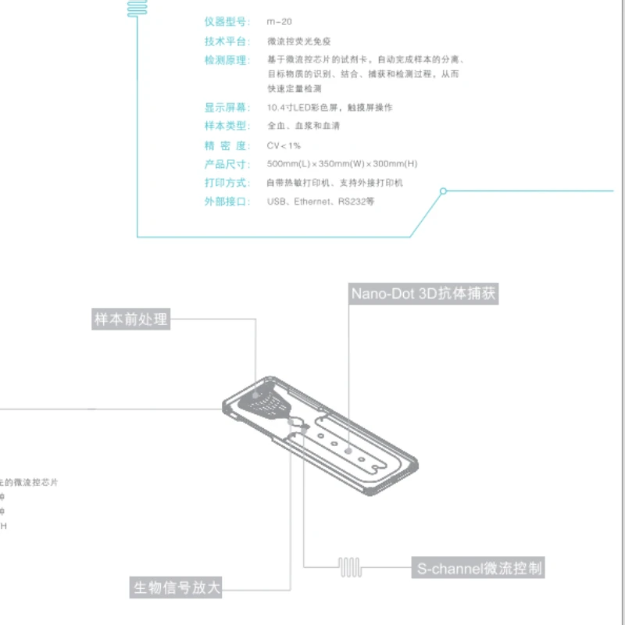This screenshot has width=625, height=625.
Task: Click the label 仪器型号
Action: coord(227,22)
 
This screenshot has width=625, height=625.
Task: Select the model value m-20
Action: coord(280,22)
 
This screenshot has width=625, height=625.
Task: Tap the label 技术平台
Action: coord(227,41)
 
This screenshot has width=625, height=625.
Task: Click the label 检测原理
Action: coord(227,60)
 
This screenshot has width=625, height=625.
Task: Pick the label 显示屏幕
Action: coord(227,108)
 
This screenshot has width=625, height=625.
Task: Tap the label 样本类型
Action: coord(227,127)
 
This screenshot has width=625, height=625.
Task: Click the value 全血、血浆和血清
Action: coord(303,127)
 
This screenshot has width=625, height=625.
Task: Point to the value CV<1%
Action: coord(284,146)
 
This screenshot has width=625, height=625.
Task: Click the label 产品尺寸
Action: coord(227,165)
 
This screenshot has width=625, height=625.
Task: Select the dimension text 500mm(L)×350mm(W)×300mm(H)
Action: coord(342,165)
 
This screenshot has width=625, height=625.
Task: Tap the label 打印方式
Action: coord(227,184)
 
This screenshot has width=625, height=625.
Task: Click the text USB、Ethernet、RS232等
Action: coord(320,202)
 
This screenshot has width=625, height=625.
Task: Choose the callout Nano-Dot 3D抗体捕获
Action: coord(423,294)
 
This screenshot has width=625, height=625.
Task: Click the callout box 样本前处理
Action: coord(130,320)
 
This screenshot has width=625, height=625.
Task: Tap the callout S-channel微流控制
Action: coord(478,568)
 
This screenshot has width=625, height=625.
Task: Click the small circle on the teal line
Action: coord(443,191)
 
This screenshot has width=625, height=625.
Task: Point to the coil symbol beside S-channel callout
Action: coord(349,567)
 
